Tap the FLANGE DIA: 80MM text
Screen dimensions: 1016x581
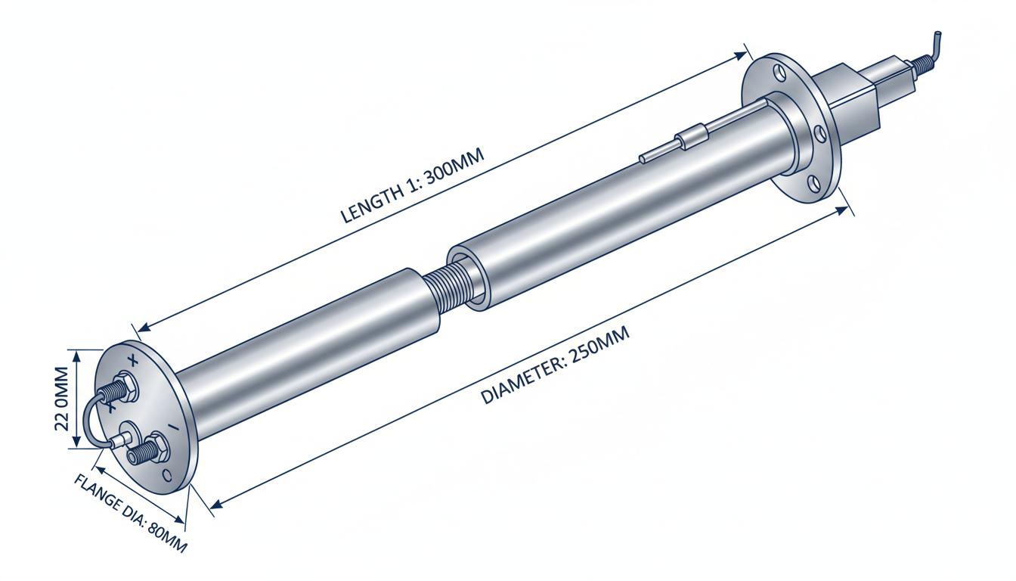pyautogui.click(x=130, y=514)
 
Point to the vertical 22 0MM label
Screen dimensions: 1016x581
pyautogui.click(x=61, y=399)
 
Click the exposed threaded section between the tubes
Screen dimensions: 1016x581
pyautogui.click(x=449, y=288)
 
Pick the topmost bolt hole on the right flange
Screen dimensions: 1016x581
pyautogui.click(x=779, y=73)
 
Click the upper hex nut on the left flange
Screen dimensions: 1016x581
pyautogui.click(x=125, y=387)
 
